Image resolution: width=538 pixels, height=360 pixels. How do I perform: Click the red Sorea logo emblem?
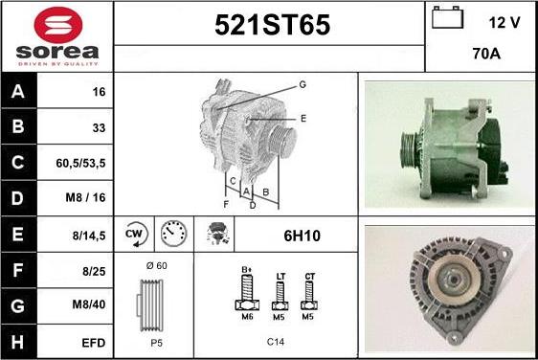(58, 25)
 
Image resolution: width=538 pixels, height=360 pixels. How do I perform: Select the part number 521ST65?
(273, 25)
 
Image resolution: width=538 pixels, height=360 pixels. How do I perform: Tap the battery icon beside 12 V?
(447, 17)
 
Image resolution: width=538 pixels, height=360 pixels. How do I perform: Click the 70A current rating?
(486, 54)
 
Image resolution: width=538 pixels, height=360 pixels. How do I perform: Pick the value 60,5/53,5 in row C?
(80, 163)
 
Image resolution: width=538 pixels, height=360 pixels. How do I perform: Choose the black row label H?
(18, 342)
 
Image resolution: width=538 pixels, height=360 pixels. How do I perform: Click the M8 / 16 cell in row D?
(85, 197)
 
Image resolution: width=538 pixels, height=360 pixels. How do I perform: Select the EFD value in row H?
(93, 343)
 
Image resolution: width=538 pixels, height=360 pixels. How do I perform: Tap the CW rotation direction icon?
(136, 235)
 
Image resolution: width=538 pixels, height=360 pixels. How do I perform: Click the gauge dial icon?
(174, 234)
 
